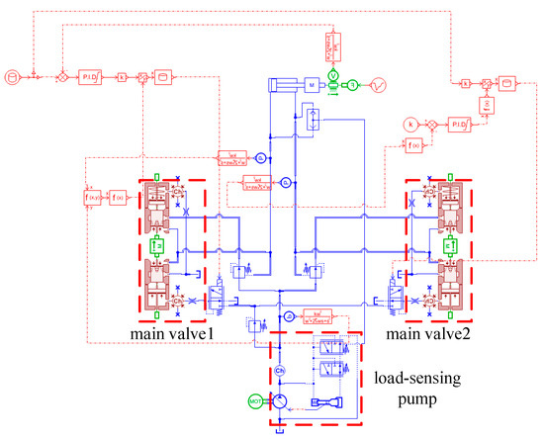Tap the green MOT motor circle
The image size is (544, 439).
tap(255, 402)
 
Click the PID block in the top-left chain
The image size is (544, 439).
tap(91, 75)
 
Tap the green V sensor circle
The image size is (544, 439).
tap(332, 75)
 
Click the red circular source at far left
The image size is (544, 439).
tap(12, 75)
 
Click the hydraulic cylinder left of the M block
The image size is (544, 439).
tap(283, 85)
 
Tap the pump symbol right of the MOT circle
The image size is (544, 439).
tap(281, 401)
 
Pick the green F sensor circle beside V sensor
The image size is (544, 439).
tap(350, 86)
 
